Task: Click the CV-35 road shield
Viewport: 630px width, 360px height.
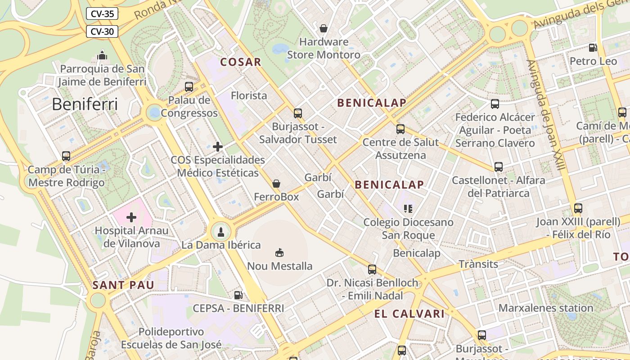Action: pyautogui.click(x=102, y=13)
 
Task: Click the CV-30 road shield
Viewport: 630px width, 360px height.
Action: pyautogui.click(x=102, y=31)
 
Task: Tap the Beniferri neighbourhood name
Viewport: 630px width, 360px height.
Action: pyautogui.click(x=85, y=104)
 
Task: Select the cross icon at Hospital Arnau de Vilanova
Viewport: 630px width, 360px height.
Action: pyautogui.click(x=131, y=217)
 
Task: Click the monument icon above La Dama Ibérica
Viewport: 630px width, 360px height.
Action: pyautogui.click(x=220, y=232)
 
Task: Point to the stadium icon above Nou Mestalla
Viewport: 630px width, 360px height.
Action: pyautogui.click(x=279, y=252)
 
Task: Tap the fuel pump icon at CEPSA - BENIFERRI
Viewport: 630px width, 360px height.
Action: pyautogui.click(x=238, y=295)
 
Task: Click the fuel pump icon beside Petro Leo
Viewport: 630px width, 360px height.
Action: pyautogui.click(x=593, y=48)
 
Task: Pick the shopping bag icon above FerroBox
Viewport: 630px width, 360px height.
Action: pyautogui.click(x=276, y=184)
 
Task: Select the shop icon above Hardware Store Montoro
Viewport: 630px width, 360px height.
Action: pyautogui.click(x=324, y=29)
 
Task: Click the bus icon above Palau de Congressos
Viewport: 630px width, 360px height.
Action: pyautogui.click(x=189, y=87)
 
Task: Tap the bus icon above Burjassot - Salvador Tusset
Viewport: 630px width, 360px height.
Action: pyautogui.click(x=298, y=113)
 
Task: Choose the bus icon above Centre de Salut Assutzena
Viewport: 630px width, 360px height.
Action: pyautogui.click(x=400, y=129)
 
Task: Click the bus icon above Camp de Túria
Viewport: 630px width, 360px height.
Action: pyautogui.click(x=66, y=156)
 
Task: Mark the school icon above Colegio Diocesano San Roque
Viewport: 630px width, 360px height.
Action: pyautogui.click(x=408, y=209)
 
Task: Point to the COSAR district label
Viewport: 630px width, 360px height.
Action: pyautogui.click(x=241, y=62)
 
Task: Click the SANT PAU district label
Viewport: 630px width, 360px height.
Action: pyautogui.click(x=123, y=285)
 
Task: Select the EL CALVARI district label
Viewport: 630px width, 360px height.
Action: pyautogui.click(x=409, y=314)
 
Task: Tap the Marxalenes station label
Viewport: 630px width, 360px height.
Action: pyautogui.click(x=546, y=308)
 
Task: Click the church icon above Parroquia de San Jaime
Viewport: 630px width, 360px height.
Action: pyautogui.click(x=102, y=55)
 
